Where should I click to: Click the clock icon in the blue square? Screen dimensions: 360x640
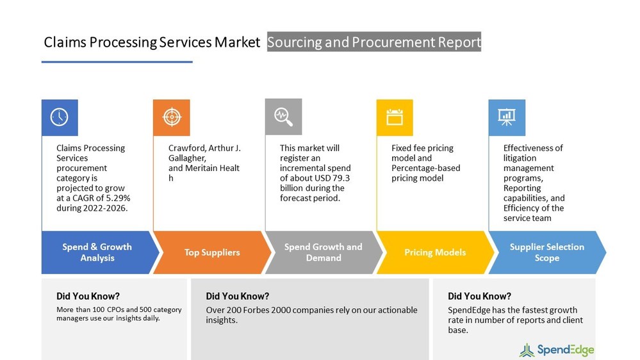[x=60, y=117]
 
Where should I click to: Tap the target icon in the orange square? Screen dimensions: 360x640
[x=171, y=117]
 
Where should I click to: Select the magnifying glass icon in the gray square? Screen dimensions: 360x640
[x=283, y=117]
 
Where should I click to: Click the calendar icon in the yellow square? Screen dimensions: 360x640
[x=395, y=117]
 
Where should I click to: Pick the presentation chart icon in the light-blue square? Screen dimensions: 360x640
[x=507, y=117]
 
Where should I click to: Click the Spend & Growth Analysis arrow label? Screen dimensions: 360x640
[x=97, y=252]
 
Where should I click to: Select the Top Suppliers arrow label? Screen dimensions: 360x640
[x=212, y=252]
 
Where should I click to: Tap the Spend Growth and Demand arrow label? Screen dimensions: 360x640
[x=324, y=252]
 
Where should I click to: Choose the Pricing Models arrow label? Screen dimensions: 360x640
[x=435, y=252]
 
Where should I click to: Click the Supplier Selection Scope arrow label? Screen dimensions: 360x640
[x=546, y=252]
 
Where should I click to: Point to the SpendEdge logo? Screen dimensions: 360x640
[x=557, y=350]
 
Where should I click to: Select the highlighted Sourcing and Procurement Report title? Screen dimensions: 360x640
[x=373, y=42]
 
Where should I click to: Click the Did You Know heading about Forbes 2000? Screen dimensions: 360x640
[x=237, y=296]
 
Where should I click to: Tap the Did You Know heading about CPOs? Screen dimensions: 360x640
[x=88, y=296]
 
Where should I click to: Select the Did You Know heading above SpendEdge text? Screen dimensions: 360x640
[x=479, y=296]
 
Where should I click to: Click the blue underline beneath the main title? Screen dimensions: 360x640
[x=117, y=62]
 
